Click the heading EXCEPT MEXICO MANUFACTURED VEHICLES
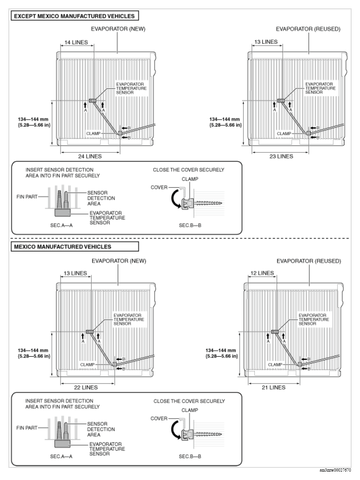(74, 16)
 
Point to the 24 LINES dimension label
(89, 156)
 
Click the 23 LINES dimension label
(281, 156)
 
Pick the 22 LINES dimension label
(86, 387)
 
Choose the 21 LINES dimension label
(273, 387)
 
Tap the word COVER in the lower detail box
(159, 419)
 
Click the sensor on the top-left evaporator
(93, 101)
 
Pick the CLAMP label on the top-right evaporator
(284, 134)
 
